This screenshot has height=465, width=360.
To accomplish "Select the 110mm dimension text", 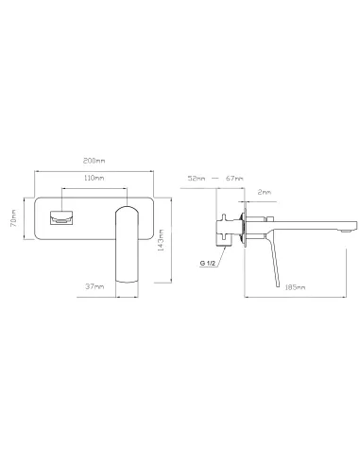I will tap(94, 177).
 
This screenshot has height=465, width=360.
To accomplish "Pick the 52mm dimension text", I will tap(197, 178).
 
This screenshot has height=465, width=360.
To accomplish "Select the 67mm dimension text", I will tap(234, 178).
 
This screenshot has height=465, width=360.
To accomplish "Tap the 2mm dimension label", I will tap(266, 191).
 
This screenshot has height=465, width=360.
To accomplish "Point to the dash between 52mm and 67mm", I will tap(215, 178).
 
